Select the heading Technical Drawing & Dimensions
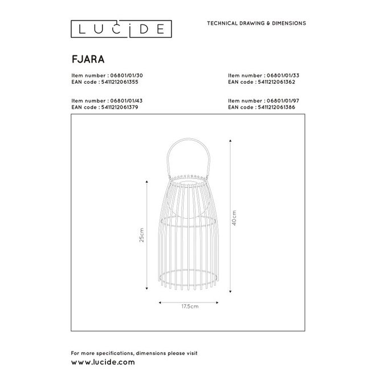click(x=255, y=23)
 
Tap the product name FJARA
click(x=84, y=58)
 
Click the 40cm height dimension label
click(x=234, y=217)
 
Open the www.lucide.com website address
click(x=103, y=361)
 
